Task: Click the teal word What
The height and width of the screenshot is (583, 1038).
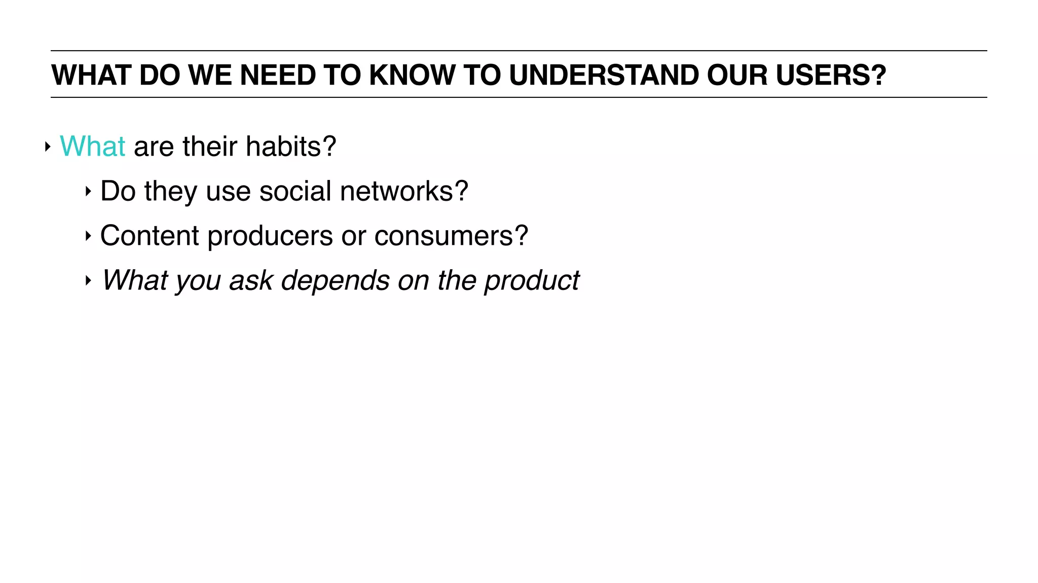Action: coord(92,147)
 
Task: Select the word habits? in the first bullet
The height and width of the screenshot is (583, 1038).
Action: coord(291,147)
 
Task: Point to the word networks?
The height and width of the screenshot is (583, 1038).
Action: coord(404,191)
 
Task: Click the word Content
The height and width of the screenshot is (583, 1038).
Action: coord(150,236)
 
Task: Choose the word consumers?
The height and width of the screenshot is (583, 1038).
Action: coord(451,236)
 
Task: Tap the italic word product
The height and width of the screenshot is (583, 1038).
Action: coord(531,281)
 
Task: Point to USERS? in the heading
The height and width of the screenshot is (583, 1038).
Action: coord(831,75)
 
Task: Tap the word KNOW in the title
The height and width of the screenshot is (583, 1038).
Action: coord(412,75)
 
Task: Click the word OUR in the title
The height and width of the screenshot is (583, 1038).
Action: coord(737,75)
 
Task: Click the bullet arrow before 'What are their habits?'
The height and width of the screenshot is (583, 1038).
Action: coord(48,147)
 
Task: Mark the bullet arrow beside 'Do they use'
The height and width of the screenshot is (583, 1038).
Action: coord(88,192)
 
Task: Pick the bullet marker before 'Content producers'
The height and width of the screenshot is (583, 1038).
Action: coord(88,236)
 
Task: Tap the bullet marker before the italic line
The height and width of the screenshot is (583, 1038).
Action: coord(88,280)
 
